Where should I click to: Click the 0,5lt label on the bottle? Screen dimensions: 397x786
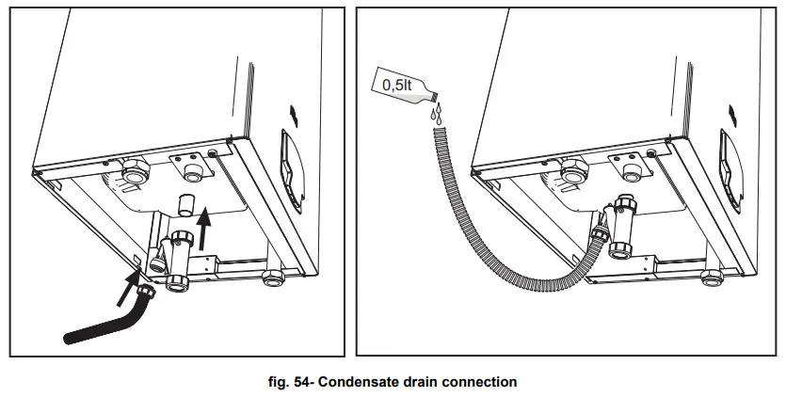(395, 86)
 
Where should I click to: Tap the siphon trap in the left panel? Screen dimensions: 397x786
(176, 260)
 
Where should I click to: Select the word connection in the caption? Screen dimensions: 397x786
(480, 382)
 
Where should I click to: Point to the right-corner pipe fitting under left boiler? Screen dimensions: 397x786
(273, 278)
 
